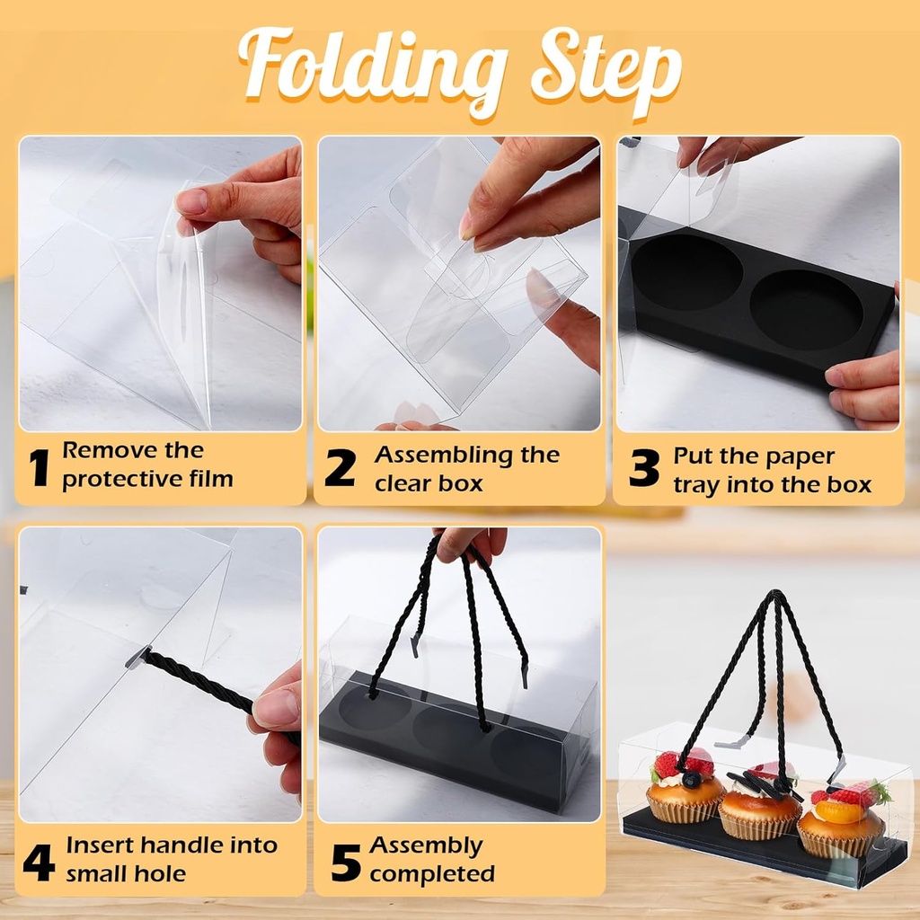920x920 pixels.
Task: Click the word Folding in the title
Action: (x=373, y=69)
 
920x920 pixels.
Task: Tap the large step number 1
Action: (x=40, y=467)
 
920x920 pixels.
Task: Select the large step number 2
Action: (x=340, y=467)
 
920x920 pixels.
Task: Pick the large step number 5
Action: (x=346, y=862)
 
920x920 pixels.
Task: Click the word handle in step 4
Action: (x=183, y=845)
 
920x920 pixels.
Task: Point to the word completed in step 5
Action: (x=432, y=874)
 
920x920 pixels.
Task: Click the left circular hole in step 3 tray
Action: (x=688, y=272)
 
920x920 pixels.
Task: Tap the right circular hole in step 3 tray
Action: (x=806, y=310)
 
